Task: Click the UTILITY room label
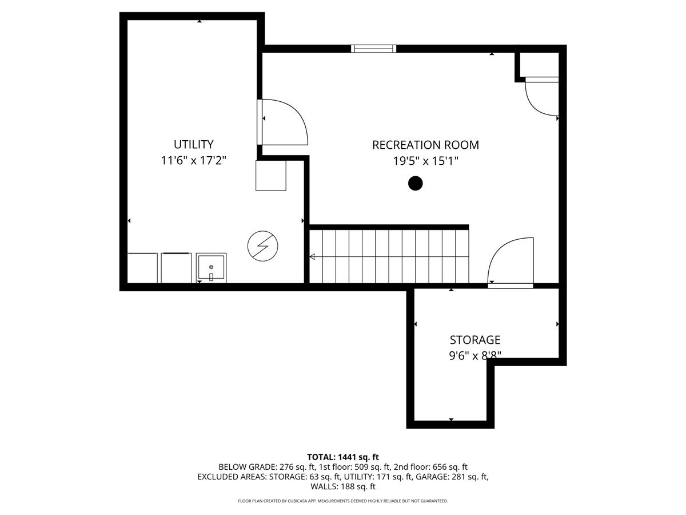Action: click(x=194, y=144)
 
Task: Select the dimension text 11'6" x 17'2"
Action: click(x=194, y=161)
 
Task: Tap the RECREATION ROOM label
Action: click(x=425, y=145)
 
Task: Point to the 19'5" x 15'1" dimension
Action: click(x=425, y=161)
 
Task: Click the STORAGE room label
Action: click(x=474, y=340)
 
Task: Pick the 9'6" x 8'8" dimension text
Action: click(x=474, y=355)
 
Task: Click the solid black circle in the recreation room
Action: click(x=415, y=183)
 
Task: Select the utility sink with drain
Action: click(x=211, y=268)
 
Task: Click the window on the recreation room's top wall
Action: click(x=374, y=49)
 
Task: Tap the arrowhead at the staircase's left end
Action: click(x=312, y=257)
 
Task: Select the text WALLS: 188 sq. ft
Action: click(x=343, y=486)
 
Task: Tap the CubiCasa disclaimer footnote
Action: click(x=343, y=501)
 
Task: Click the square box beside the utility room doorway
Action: click(x=270, y=175)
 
